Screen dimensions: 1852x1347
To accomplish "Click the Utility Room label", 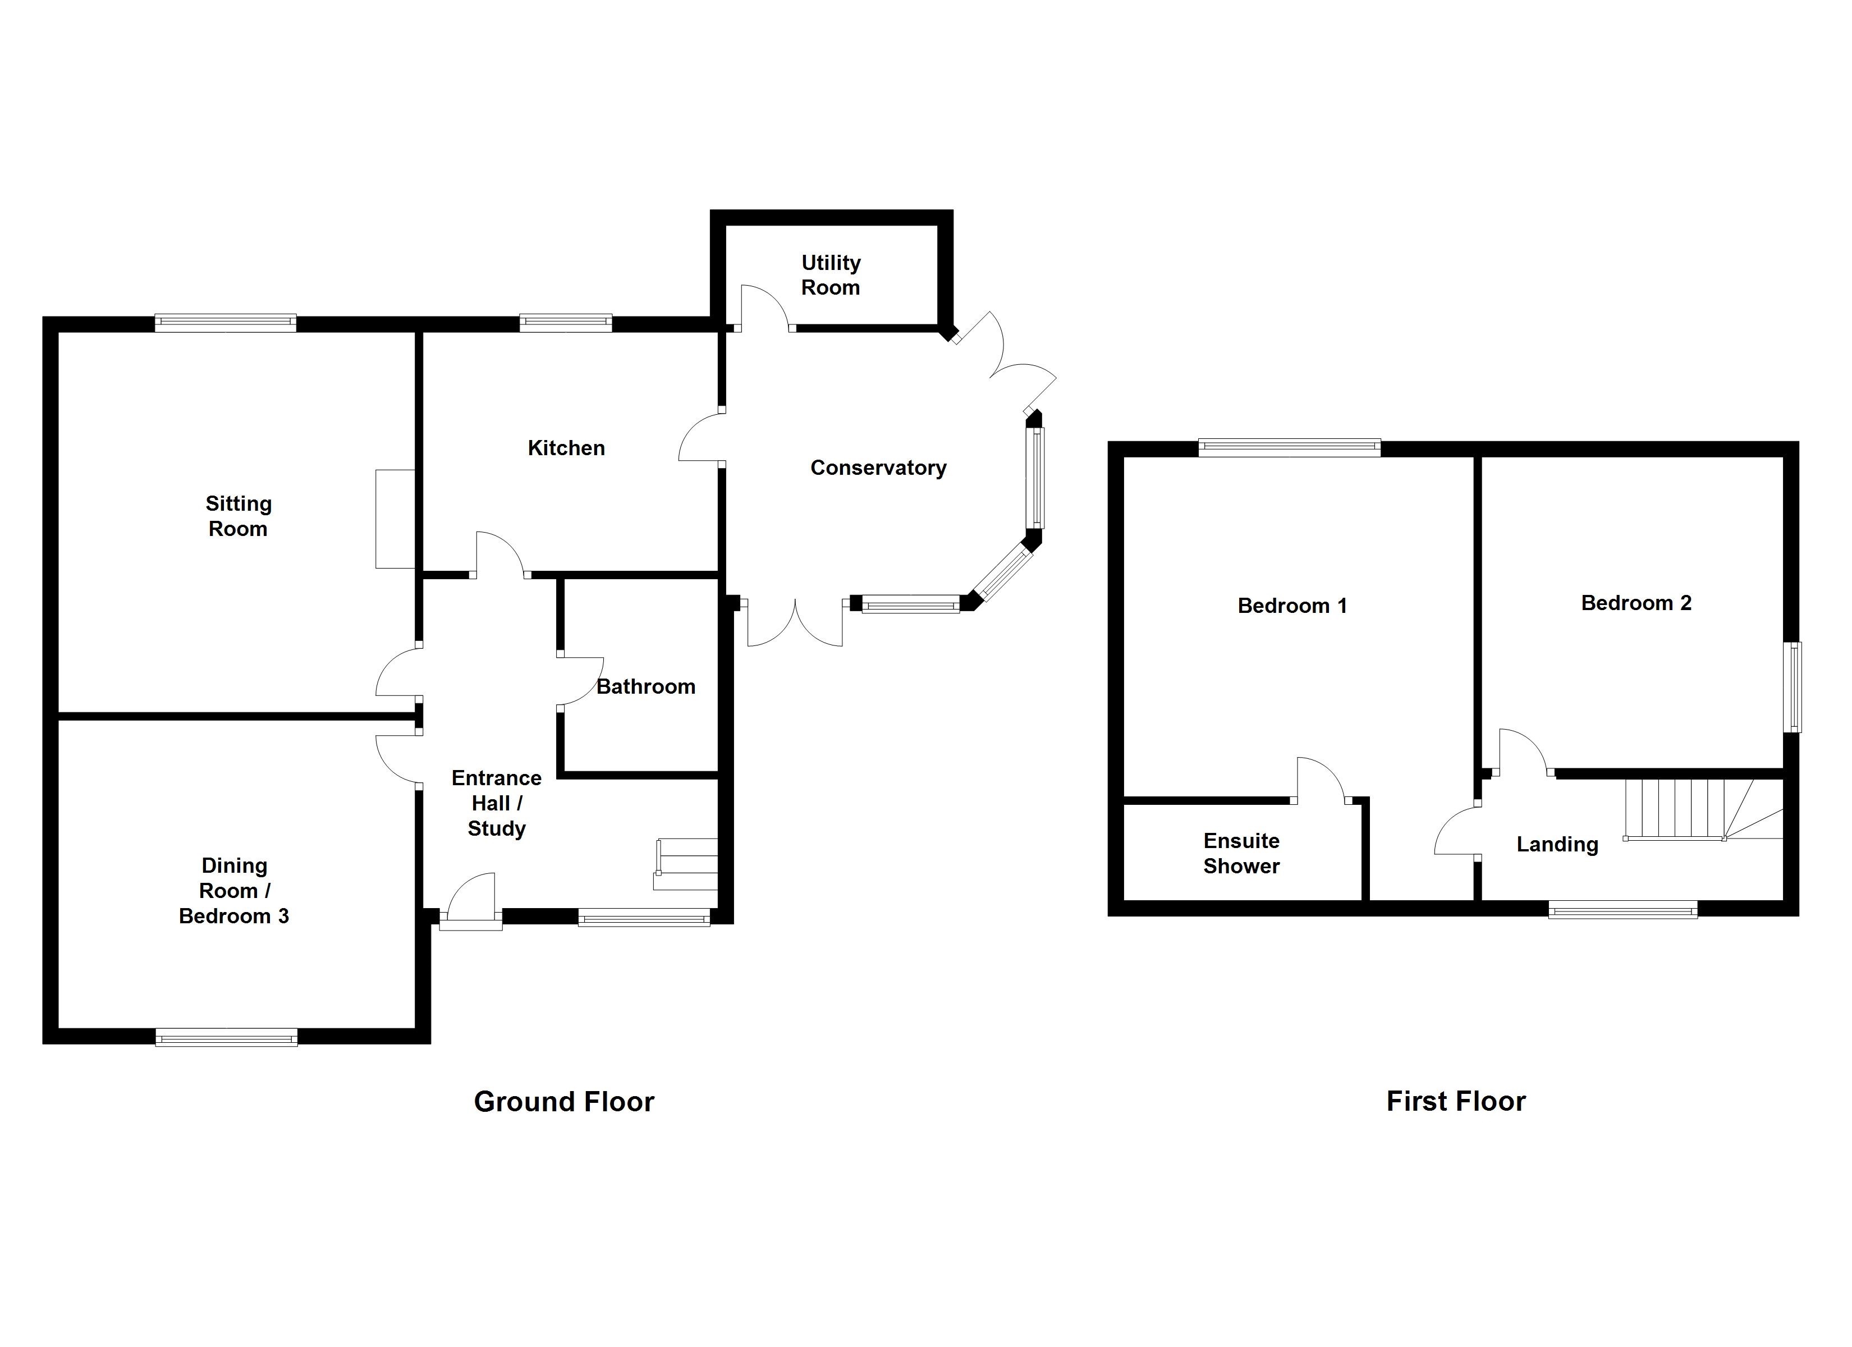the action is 831,275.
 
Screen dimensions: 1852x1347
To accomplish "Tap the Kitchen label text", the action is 566,448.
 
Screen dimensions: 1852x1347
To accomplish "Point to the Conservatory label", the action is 878,468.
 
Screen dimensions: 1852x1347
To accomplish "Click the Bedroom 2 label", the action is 1635,603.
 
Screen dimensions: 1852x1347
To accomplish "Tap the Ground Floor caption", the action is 563,1102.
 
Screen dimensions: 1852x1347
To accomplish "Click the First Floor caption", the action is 1455,1101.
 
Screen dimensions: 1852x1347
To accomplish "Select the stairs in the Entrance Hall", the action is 686,864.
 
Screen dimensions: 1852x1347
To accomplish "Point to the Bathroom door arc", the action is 582,680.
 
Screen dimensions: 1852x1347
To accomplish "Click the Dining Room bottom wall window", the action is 226,1039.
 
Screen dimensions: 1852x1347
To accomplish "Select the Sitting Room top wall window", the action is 226,323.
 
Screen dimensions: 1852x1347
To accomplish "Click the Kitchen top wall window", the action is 565,323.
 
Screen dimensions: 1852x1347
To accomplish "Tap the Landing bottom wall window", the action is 1622,909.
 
